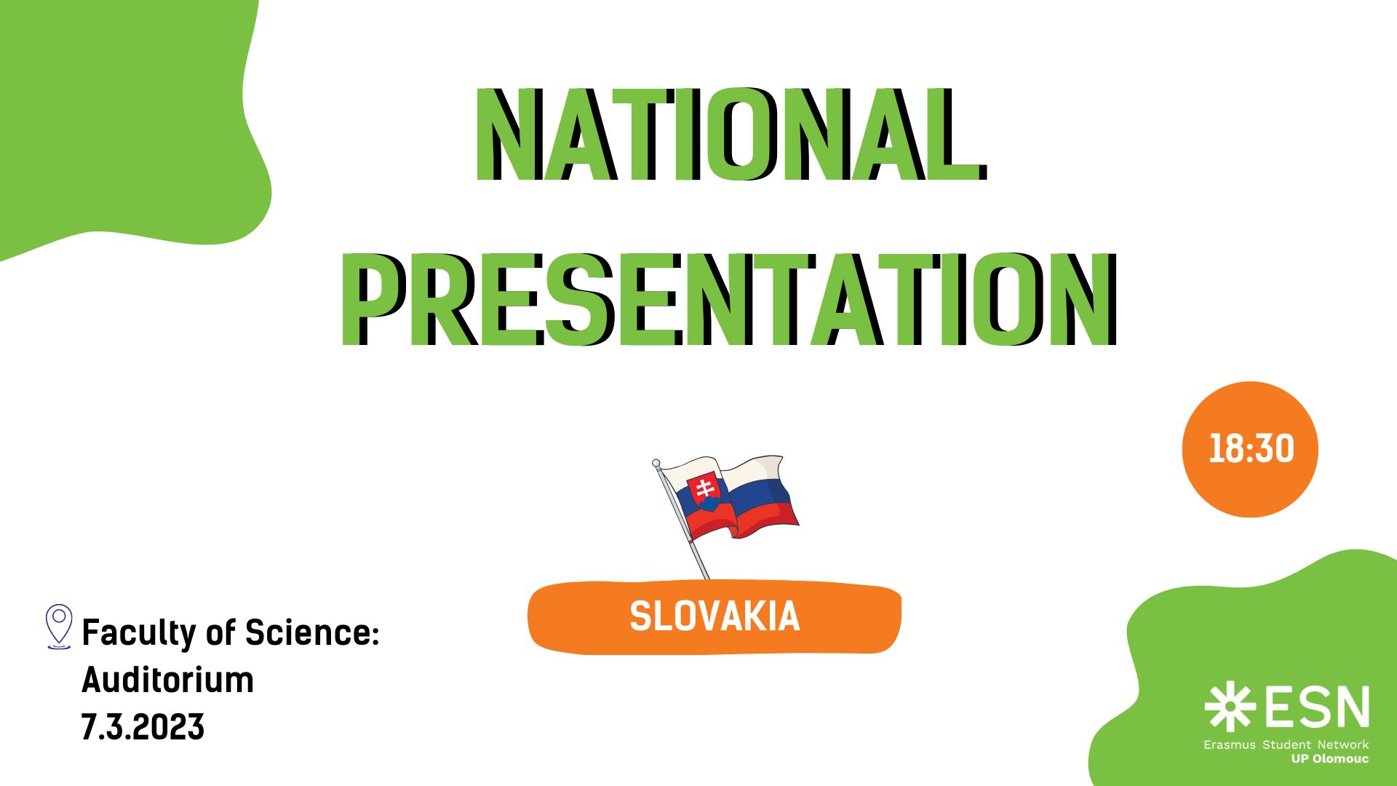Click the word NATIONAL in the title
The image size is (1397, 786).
(x=731, y=135)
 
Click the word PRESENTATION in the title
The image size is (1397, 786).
(x=728, y=299)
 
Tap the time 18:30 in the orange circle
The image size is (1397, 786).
(x=1251, y=449)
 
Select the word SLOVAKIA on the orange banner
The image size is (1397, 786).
(x=715, y=617)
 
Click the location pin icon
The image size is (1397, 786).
(x=59, y=627)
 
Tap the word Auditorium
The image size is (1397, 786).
(x=168, y=680)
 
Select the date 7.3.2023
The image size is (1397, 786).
(x=143, y=727)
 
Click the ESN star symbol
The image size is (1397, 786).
(x=1230, y=707)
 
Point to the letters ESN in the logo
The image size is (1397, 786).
(x=1317, y=707)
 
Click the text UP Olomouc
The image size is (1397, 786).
(x=1330, y=759)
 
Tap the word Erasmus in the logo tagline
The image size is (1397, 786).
(x=1230, y=745)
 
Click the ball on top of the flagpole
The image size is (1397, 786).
(x=656, y=463)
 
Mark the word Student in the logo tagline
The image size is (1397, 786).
(x=1286, y=745)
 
